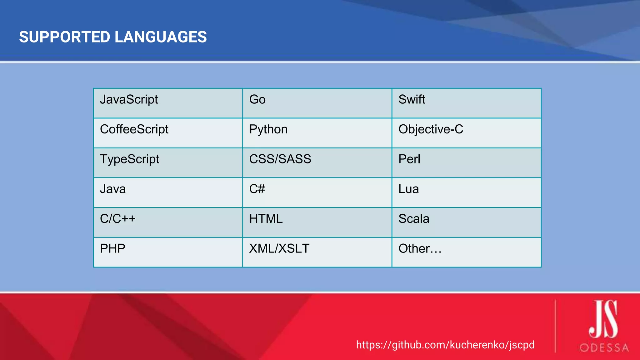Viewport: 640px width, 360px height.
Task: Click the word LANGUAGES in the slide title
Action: (x=161, y=37)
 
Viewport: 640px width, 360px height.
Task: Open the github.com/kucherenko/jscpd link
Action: (x=445, y=345)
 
